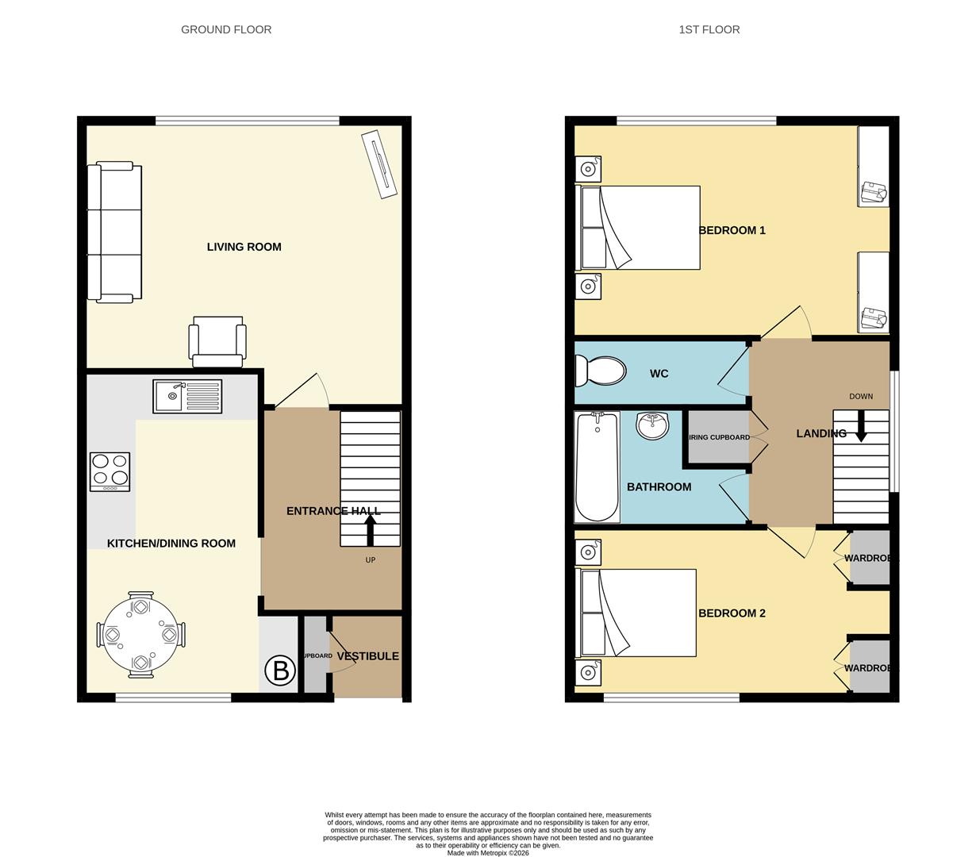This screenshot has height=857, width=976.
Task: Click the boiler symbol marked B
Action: [279, 671]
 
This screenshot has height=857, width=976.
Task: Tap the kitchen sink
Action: [187, 396]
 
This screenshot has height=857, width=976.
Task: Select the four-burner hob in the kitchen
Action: [110, 471]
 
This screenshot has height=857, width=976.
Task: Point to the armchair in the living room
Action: [216, 341]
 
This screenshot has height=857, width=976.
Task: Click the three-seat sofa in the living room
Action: [115, 233]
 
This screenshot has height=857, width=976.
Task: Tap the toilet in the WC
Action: [601, 371]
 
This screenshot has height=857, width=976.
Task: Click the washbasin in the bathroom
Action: [653, 425]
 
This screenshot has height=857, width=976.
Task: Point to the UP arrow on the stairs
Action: [370, 528]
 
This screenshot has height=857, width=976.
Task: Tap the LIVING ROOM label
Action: [244, 247]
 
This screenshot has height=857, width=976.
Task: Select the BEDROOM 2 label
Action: [732, 613]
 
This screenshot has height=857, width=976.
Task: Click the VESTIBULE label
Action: [367, 656]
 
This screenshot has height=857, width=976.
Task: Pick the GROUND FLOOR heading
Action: [226, 29]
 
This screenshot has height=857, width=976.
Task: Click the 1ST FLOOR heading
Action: [709, 29]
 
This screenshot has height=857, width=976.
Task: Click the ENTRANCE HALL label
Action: [333, 511]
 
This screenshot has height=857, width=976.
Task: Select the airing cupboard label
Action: [719, 437]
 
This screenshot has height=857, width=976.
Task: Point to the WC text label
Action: [659, 374]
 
